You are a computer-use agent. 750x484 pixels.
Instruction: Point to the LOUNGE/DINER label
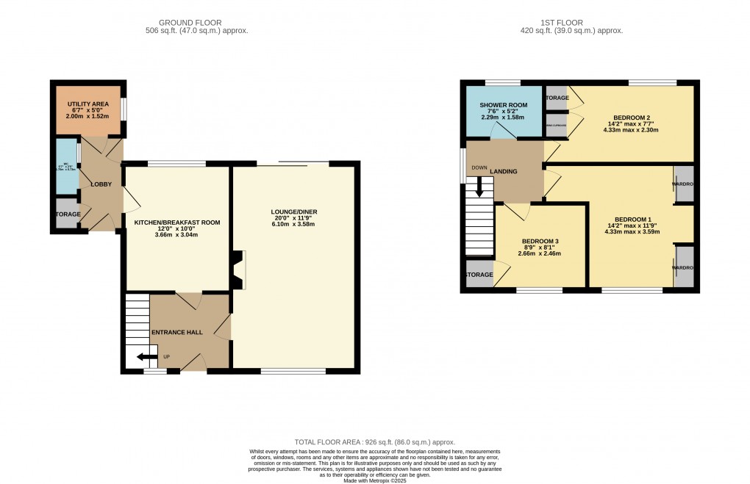click(x=293, y=212)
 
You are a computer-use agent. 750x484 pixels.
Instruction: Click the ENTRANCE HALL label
click(x=176, y=332)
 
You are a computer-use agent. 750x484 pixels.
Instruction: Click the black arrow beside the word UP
click(x=147, y=358)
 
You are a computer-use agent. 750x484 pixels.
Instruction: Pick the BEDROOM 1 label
click(x=633, y=219)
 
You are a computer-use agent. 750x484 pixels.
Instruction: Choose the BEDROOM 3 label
click(x=540, y=241)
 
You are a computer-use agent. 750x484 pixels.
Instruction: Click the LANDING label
click(x=505, y=172)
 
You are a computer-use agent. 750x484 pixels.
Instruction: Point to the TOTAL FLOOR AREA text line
click(x=374, y=442)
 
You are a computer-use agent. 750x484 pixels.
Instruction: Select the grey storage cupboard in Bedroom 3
click(x=479, y=275)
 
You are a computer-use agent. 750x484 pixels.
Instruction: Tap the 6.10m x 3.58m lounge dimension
click(x=293, y=224)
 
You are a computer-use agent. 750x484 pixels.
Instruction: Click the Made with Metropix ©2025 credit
click(x=374, y=480)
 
